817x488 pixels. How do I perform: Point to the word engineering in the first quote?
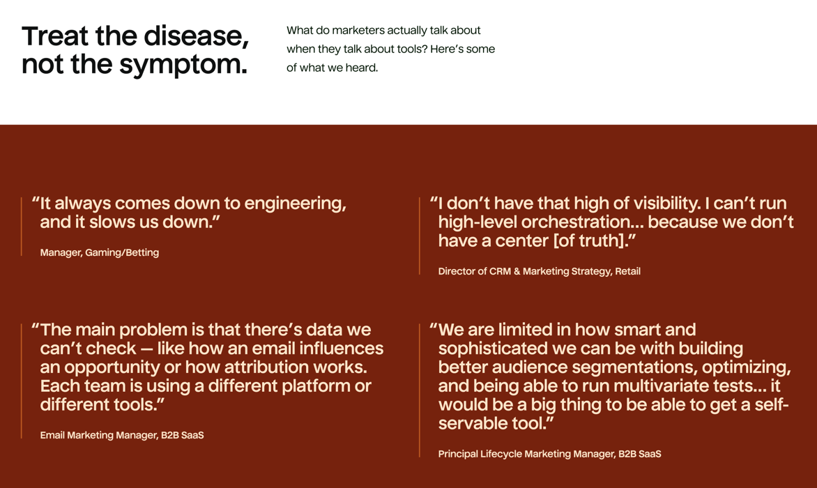(295, 204)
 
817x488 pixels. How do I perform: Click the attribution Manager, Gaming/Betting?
(100, 252)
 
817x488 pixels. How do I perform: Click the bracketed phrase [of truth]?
(594, 241)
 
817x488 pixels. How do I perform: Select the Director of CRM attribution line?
(540, 271)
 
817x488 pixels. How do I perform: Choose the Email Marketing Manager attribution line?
(122, 435)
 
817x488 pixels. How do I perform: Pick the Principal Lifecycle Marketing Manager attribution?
(550, 454)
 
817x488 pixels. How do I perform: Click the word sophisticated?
(496, 349)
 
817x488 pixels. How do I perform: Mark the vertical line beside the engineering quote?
(22, 227)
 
